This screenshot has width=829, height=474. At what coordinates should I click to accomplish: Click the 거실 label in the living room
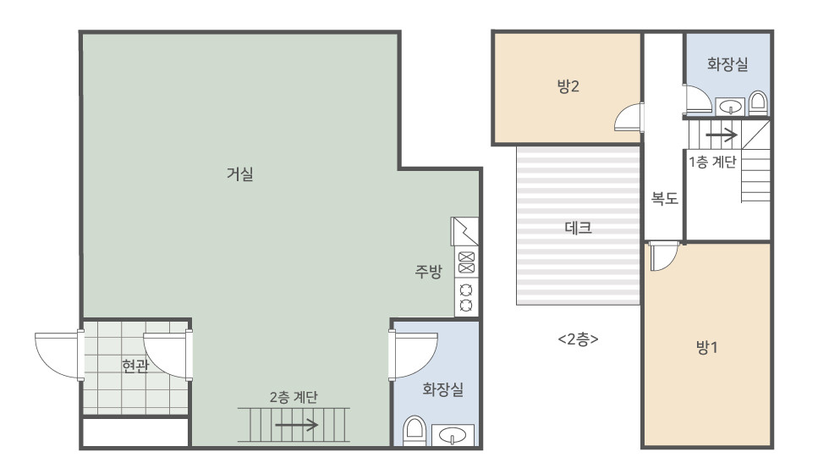click(240, 174)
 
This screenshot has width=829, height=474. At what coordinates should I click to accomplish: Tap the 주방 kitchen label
click(428, 272)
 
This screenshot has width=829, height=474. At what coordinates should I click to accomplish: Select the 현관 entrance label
click(135, 366)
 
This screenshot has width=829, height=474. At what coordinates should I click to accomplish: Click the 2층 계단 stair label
click(294, 397)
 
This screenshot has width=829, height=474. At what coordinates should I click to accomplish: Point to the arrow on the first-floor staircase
click(296, 425)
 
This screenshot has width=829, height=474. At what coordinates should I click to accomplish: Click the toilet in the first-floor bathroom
click(414, 431)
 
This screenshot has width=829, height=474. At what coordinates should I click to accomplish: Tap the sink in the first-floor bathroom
click(453, 435)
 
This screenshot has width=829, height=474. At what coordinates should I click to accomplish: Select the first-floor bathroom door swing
click(414, 355)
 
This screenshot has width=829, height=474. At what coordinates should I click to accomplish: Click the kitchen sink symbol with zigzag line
click(464, 231)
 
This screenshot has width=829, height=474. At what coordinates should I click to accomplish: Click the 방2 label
click(568, 86)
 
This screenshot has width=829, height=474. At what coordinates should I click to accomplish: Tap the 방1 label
click(706, 348)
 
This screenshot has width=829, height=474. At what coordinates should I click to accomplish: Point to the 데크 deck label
click(578, 228)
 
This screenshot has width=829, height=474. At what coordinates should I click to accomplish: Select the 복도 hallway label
click(665, 198)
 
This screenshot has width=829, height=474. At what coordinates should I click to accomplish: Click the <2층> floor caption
click(578, 339)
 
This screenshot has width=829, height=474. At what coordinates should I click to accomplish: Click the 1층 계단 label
click(712, 162)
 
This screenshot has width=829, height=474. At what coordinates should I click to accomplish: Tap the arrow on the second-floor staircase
click(721, 135)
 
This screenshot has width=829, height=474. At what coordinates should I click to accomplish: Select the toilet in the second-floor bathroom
click(758, 103)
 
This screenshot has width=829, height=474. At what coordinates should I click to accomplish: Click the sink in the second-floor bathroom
click(730, 107)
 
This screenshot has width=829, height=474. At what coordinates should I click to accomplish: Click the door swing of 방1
click(663, 256)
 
